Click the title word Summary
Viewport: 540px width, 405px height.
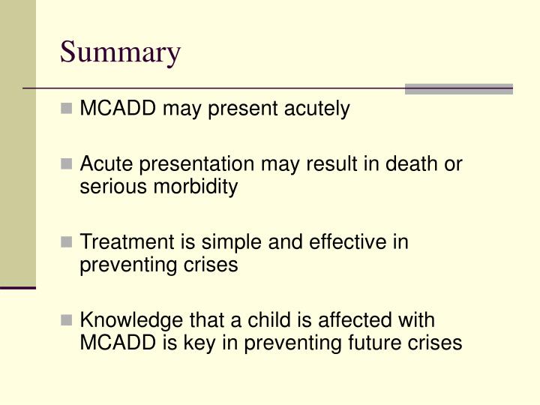coord(120,53)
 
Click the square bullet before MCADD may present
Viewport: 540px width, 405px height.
coord(68,109)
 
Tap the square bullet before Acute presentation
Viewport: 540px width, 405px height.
coord(68,164)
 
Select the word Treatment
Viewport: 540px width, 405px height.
coord(117,242)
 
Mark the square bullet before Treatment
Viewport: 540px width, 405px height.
coord(68,242)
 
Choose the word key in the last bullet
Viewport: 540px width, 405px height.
coord(189,343)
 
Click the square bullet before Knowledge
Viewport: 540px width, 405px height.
coord(68,320)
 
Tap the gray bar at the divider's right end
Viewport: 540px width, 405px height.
coord(458,88)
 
